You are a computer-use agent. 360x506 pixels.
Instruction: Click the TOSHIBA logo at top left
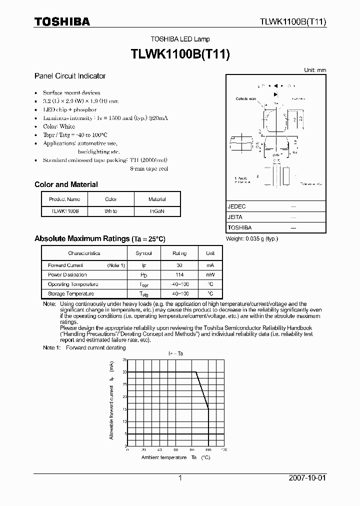coord(62,21)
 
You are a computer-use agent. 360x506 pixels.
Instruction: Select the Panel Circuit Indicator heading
coord(70,76)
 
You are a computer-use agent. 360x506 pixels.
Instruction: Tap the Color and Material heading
coord(66,184)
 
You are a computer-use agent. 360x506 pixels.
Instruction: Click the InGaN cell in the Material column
coord(157,211)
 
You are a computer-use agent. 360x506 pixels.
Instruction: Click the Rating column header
coord(179,253)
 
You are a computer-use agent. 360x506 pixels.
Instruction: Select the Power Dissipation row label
coord(67,275)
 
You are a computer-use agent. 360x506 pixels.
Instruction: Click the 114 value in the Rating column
coord(179,275)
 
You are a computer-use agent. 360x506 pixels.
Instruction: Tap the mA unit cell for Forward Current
coord(210,265)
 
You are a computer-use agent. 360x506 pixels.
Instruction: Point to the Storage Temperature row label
coord(71,294)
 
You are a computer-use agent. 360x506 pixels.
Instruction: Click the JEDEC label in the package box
coord(236,206)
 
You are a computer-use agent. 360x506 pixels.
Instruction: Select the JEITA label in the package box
coord(235,217)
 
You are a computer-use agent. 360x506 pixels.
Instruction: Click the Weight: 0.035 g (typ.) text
coord(252,239)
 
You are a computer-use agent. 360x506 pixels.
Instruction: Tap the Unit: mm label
coord(315,70)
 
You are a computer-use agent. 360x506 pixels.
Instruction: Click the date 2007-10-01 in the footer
coord(307,478)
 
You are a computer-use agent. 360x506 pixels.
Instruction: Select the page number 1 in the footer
coord(179,478)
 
